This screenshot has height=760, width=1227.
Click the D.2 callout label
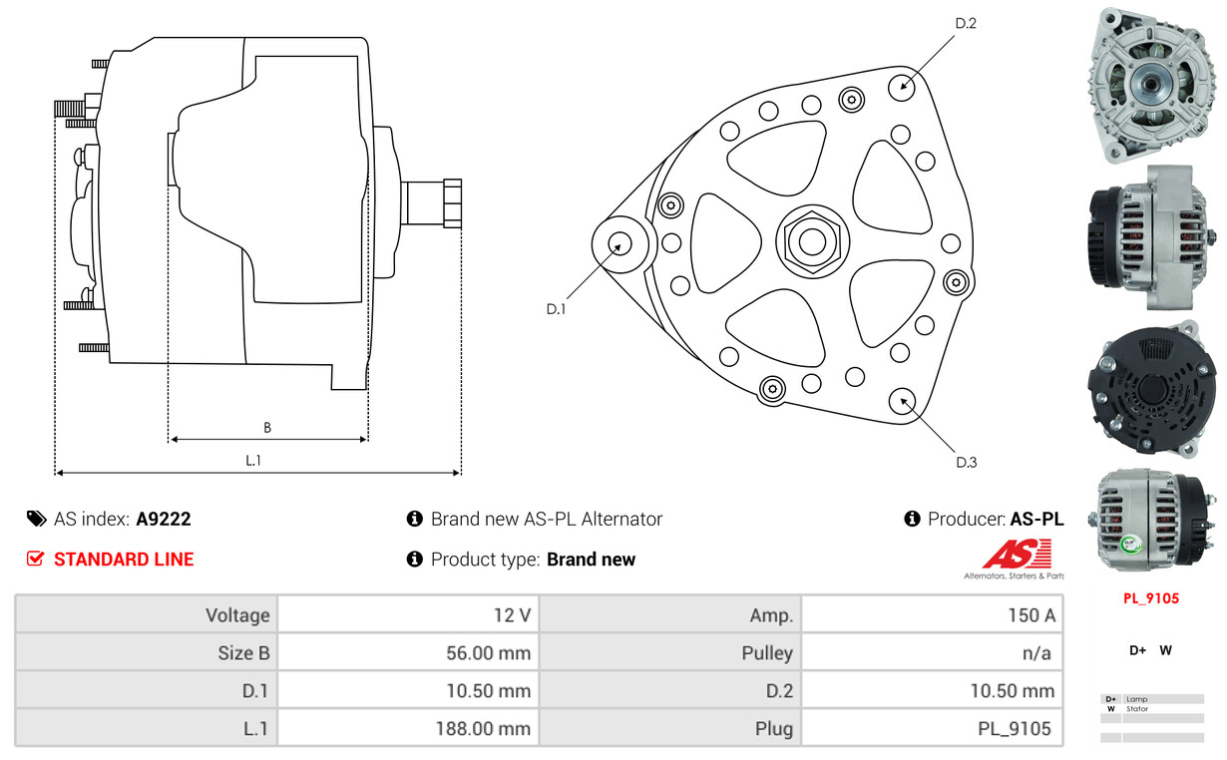965,23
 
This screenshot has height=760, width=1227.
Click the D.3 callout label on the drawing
966,462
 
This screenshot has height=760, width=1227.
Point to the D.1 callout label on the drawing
556,309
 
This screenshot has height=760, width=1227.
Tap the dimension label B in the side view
267,428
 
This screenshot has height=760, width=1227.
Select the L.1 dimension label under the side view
254,460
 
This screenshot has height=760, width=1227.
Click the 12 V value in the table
512,614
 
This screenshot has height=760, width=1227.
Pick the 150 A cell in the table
1030,614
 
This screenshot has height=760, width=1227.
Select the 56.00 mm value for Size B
488,653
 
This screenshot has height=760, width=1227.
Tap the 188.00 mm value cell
483,729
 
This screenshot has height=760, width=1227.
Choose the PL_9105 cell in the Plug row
1014,729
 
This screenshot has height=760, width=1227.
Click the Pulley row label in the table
767,653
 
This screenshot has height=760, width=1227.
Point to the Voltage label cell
237,614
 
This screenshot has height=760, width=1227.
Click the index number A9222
164,519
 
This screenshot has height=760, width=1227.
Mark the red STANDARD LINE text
124,560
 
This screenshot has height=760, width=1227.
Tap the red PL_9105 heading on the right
1151,598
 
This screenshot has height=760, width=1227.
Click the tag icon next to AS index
36,519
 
